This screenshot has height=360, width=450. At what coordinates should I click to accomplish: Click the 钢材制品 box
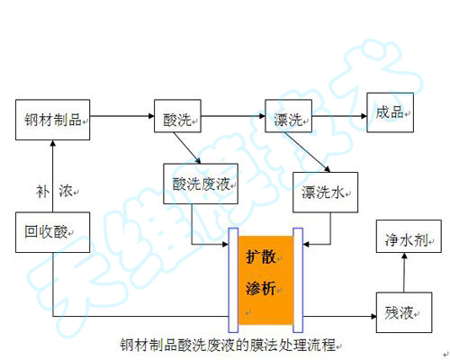[x=54, y=118]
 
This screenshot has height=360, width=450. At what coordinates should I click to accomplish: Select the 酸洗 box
[x=178, y=118]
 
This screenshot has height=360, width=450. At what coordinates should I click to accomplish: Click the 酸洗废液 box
[x=203, y=184]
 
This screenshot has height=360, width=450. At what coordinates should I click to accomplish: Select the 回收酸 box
[x=53, y=232]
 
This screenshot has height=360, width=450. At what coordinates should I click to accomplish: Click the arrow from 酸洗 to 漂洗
[x=233, y=116]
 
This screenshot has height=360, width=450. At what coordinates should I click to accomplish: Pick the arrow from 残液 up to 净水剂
[x=402, y=274]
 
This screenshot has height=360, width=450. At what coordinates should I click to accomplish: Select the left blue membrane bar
[x=232, y=278]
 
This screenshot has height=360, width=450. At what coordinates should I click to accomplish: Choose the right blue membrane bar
[x=299, y=278]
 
